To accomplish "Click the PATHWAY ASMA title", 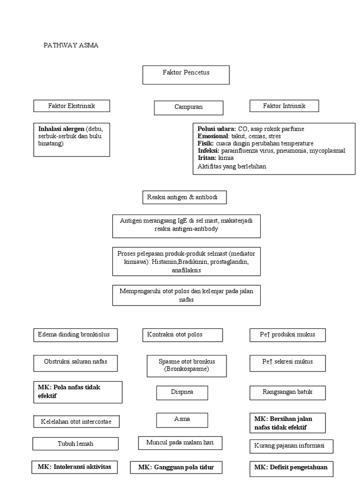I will click(x=71, y=46).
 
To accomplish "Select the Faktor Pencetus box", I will click(x=186, y=75).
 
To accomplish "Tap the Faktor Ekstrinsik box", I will click(x=72, y=106).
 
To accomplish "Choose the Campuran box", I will click(x=188, y=107).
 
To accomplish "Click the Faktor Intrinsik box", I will click(x=284, y=106).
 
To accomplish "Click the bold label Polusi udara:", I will click(x=217, y=129).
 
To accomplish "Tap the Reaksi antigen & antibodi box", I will click(x=184, y=197).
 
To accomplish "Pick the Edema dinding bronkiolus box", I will click(x=75, y=335).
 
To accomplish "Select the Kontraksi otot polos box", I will click(x=182, y=335).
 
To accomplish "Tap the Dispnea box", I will click(x=182, y=393).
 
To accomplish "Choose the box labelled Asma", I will click(x=182, y=420).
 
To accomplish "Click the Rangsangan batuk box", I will click(x=287, y=393).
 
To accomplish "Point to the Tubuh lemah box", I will click(x=75, y=444).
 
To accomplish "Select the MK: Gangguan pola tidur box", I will click(x=176, y=467).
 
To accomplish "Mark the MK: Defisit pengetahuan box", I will click(x=291, y=467).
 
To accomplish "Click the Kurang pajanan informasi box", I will click(x=291, y=446).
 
